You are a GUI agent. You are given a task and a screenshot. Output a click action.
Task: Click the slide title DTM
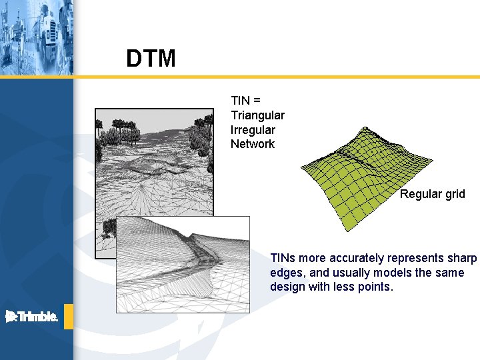151,59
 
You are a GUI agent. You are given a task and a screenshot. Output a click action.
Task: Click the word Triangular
257,115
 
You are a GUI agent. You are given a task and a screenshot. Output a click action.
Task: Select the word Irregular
253,129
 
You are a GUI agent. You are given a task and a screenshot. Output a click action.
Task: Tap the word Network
253,144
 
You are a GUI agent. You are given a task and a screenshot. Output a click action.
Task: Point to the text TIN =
246,101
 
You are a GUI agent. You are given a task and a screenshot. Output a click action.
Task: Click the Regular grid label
432,194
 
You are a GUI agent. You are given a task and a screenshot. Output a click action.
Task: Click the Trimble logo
32,317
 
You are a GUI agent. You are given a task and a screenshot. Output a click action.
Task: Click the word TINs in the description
283,258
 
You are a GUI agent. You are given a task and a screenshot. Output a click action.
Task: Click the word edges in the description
285,273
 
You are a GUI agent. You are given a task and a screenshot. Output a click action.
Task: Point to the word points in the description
377,287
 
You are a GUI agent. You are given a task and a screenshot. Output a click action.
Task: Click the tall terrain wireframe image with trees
153,160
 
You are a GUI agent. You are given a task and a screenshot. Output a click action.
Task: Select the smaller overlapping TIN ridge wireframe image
183,263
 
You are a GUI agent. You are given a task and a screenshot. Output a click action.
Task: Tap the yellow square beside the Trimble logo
69,317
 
